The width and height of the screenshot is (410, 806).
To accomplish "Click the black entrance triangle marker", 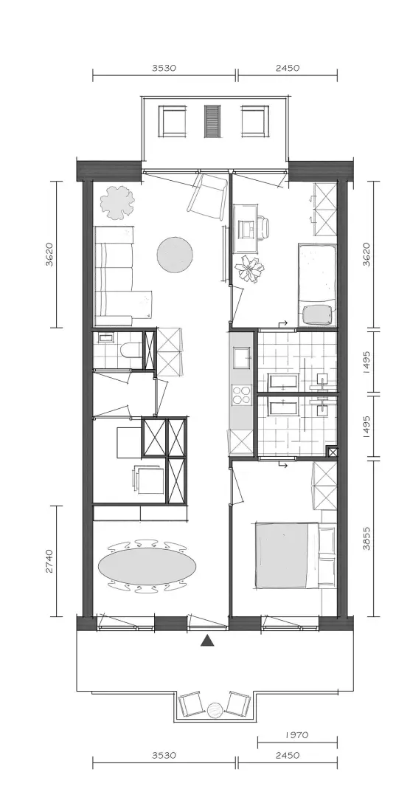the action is [x=207, y=640].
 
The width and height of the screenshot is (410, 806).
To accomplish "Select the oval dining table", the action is [x=147, y=565].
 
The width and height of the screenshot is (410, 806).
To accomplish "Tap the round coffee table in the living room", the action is [x=175, y=255].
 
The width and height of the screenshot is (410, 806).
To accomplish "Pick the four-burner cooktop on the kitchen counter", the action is [x=240, y=396].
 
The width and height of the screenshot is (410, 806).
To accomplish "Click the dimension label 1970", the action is [x=296, y=735].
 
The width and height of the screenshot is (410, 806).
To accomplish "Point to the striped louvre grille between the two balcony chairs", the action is [x=212, y=121].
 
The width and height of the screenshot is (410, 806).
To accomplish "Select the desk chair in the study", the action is [x=263, y=228].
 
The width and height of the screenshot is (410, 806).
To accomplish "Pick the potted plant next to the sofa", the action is [x=118, y=202].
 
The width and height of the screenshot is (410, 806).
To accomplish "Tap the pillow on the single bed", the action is [x=319, y=314].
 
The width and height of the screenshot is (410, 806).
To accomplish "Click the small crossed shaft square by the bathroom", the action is [x=333, y=452].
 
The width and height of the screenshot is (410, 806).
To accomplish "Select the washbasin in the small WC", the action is [x=107, y=338].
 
